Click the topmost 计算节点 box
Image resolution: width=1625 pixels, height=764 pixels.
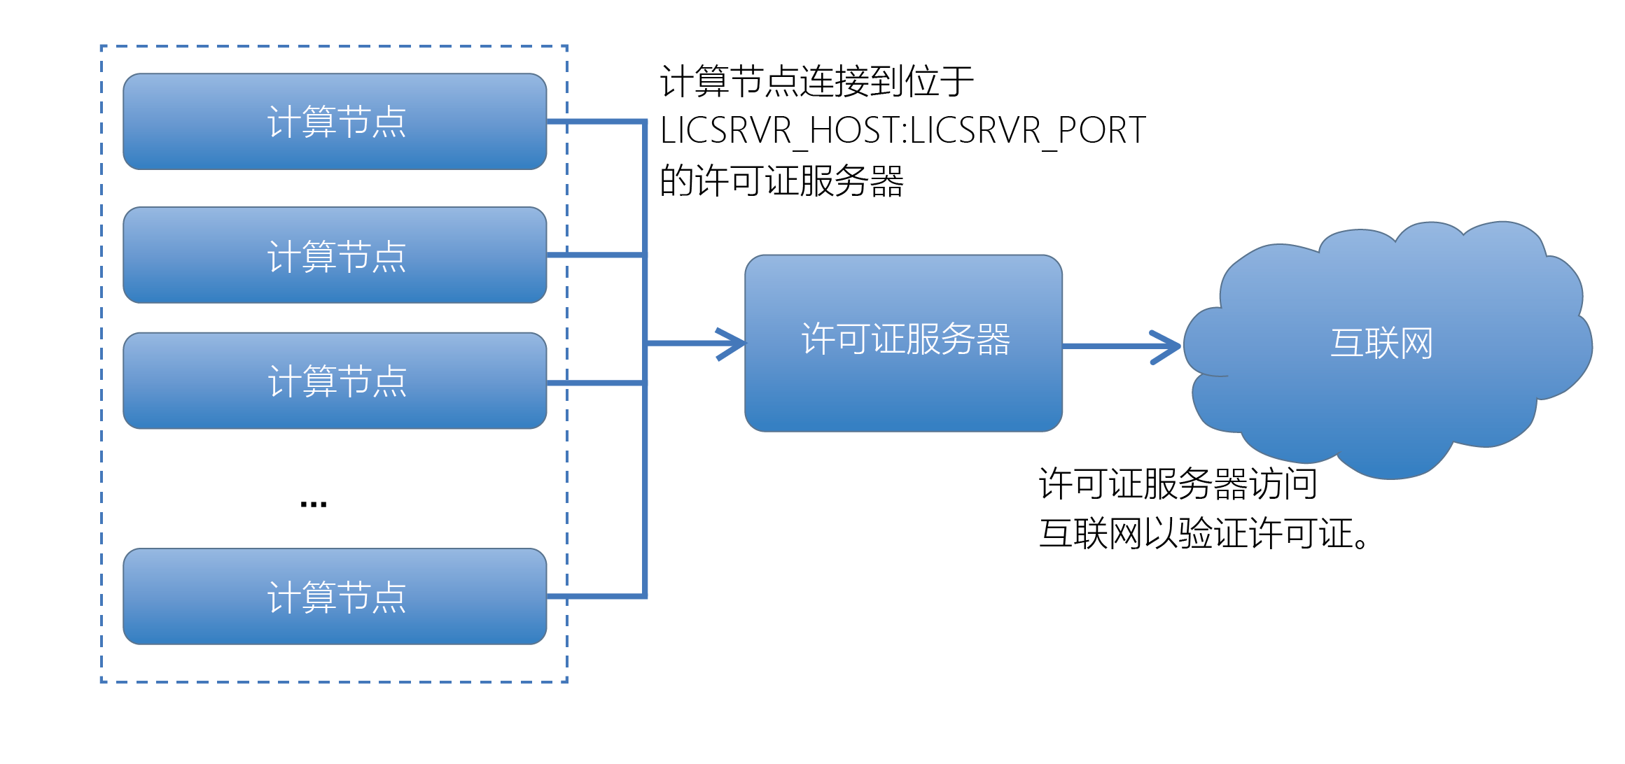[335, 122]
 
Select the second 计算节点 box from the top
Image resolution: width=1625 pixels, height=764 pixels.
[335, 255]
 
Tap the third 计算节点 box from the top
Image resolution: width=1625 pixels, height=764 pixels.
[335, 381]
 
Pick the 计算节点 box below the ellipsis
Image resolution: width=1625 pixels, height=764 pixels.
[335, 596]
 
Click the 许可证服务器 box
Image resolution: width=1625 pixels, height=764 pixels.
[903, 343]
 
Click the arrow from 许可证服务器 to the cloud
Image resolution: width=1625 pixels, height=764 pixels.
[1120, 346]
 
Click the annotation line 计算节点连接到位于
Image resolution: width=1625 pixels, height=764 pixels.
[816, 81]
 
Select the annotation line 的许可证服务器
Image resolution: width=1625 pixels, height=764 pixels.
[781, 181]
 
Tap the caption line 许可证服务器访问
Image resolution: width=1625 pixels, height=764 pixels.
[1178, 483]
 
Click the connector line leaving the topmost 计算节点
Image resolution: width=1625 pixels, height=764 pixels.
[595, 122]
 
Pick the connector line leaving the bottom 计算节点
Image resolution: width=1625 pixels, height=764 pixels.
[595, 596]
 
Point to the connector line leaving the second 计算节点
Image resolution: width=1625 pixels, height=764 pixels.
[595, 255]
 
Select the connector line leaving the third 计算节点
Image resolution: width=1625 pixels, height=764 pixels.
[595, 383]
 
